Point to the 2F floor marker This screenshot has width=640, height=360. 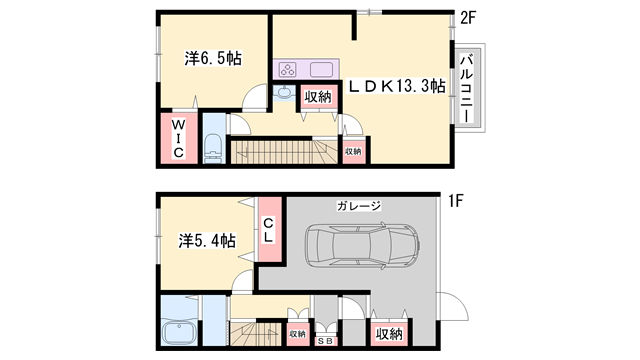pos(466,16)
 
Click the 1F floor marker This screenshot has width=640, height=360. pos(455,201)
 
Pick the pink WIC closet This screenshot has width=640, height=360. pos(177,138)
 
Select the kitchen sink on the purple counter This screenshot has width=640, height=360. pos(322,70)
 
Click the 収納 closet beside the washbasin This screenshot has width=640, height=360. pos(318,97)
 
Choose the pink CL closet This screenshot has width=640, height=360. pos(269,237)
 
